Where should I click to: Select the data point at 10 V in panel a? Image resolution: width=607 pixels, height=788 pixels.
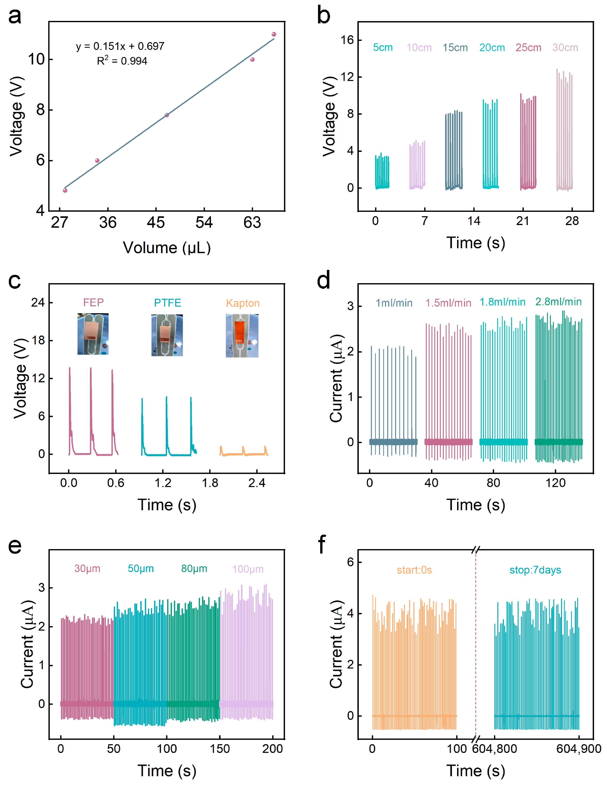pos(252,60)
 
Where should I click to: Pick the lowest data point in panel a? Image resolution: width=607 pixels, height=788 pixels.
pos(65,190)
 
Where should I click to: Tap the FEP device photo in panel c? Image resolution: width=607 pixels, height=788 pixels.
pos(93,334)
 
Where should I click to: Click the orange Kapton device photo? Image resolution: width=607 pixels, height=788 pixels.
pos(242,336)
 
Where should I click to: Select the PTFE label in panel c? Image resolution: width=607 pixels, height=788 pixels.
pos(168,303)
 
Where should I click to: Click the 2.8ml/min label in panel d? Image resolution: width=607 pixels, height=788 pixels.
pos(558,302)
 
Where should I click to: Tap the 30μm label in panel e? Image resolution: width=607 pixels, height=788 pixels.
pos(87,569)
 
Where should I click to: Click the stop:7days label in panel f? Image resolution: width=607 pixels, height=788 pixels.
pos(535,570)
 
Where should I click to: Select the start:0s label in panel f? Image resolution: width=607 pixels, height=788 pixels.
pos(414,570)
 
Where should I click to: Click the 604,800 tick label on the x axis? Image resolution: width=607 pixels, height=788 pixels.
pos(494,749)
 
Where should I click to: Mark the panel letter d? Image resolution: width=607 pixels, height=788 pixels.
pos(323,280)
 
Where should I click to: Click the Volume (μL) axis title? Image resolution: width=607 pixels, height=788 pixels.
pos(167,248)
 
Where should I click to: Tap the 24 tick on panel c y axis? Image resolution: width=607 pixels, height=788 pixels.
pos(38,302)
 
